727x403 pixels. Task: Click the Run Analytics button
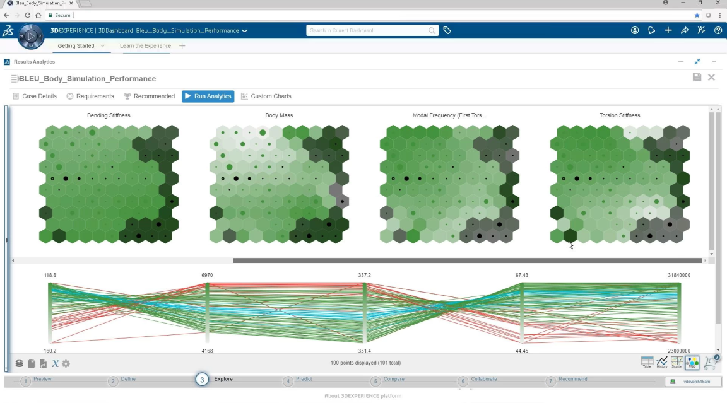coord(208,96)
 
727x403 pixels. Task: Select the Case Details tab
coord(35,96)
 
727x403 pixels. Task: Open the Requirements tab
coord(90,96)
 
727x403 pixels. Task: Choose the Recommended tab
coord(150,96)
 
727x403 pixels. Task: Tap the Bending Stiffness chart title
coord(109,115)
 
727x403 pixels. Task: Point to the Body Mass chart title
coord(279,115)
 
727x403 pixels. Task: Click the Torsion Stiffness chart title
coord(620,115)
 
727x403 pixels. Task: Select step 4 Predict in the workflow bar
coord(304,379)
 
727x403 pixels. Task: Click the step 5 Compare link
coord(394,379)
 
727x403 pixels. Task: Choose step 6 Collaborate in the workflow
coord(483,379)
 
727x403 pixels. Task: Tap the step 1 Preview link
coord(42,379)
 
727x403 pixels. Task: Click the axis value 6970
coord(207,276)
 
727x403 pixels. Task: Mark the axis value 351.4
coord(365,351)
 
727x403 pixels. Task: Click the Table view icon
coord(647,362)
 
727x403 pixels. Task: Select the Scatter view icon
coord(677,362)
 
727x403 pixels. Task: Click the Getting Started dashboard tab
coord(76,46)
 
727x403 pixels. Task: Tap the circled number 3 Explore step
coord(201,379)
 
